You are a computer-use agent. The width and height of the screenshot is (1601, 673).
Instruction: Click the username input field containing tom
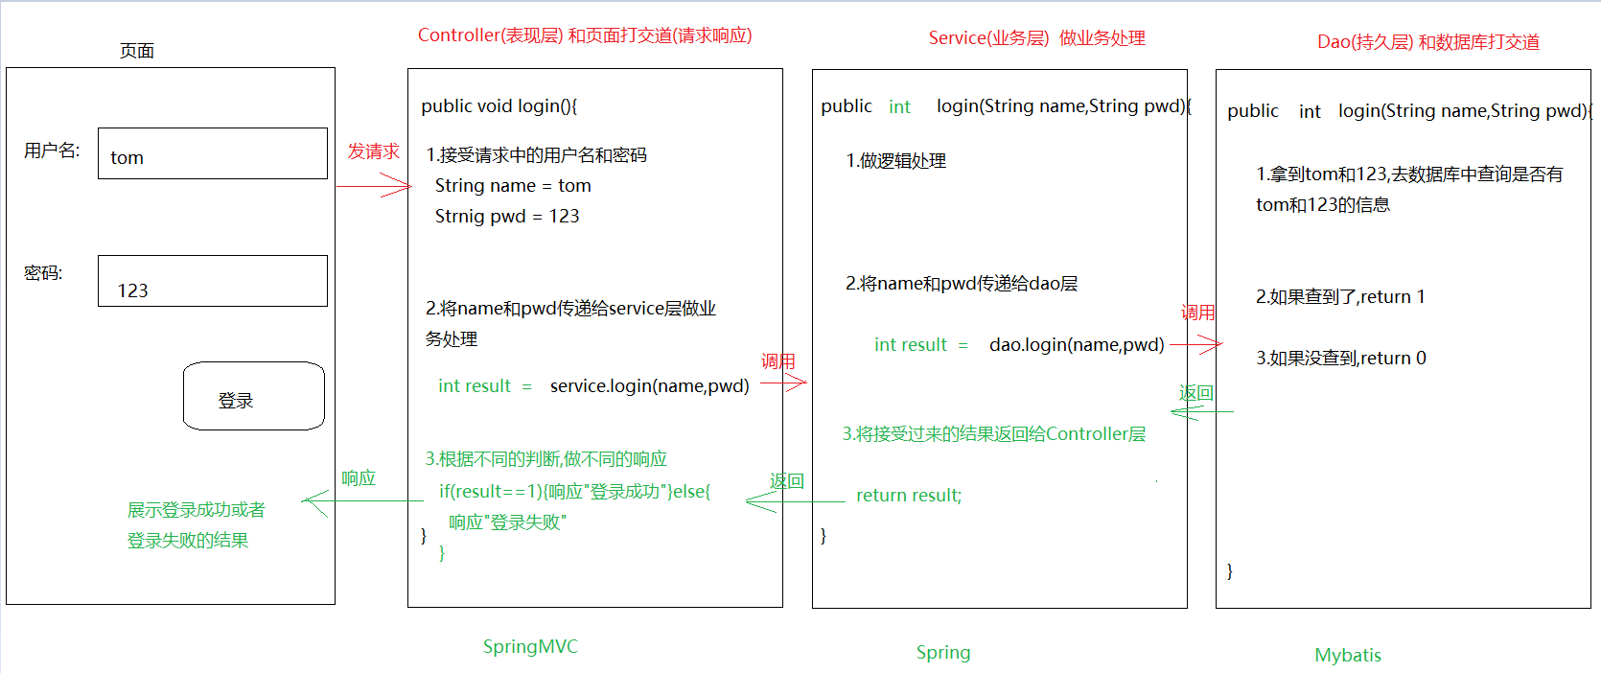[x=212, y=153]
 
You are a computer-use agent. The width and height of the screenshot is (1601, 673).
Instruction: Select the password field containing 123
[x=212, y=281]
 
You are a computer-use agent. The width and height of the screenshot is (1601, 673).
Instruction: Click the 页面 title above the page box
[x=136, y=51]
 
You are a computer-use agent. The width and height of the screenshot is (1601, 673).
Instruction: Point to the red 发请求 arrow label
[x=373, y=151]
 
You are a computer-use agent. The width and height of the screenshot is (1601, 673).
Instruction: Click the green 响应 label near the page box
[x=359, y=477]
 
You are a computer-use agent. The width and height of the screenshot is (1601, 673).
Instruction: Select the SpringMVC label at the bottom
[x=530, y=646]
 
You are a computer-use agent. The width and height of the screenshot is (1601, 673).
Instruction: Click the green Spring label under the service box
[x=943, y=653]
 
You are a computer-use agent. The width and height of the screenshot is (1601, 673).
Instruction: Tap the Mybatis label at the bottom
[x=1347, y=655]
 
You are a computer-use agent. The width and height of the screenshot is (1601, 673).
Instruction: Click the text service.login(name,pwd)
[x=649, y=385]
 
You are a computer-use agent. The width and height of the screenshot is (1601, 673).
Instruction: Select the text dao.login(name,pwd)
[x=1076, y=344]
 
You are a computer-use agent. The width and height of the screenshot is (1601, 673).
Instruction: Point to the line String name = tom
[x=513, y=185]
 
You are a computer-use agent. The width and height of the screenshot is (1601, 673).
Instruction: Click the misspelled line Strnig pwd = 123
[x=507, y=216]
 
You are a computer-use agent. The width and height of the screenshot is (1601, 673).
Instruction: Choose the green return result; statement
[x=908, y=495]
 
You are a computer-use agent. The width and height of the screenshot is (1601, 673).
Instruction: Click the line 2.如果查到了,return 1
[x=1339, y=296]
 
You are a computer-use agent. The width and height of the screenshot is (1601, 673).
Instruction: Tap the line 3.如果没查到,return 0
[x=1340, y=358]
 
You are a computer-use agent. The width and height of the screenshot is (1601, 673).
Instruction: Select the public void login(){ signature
[x=499, y=105]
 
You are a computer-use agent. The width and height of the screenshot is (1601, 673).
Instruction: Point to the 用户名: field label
[x=52, y=151]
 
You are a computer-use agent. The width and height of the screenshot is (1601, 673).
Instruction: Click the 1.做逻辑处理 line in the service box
[x=895, y=160]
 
